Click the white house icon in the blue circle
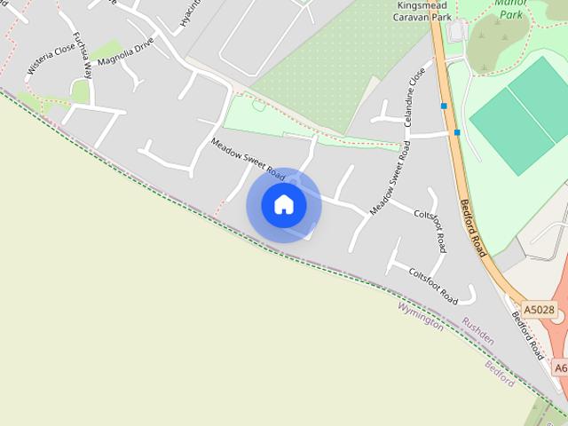pos(284,205)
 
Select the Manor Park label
pos(511,8)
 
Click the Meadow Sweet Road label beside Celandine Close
pos(390,177)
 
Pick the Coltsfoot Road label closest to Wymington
pos(433,285)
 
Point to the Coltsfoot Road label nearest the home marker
pos(431,230)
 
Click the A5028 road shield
pos(538,310)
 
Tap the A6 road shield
pos(560,367)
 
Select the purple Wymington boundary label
pos(421,315)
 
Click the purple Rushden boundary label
pos(477,332)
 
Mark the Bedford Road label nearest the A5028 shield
pos(525,334)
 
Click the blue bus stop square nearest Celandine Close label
pos(444,106)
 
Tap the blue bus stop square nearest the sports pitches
pos(457,132)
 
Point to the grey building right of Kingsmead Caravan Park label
pos(457,31)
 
